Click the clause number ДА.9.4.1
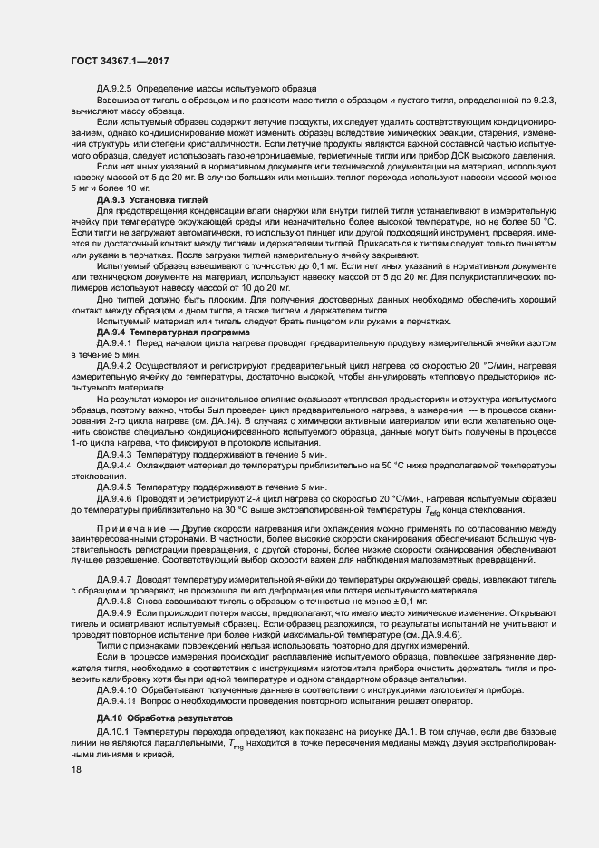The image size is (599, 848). pos(115,342)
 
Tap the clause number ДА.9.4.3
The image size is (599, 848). pos(115,453)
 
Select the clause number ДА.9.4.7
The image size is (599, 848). pos(115,578)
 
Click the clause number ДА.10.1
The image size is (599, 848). pos(112,729)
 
